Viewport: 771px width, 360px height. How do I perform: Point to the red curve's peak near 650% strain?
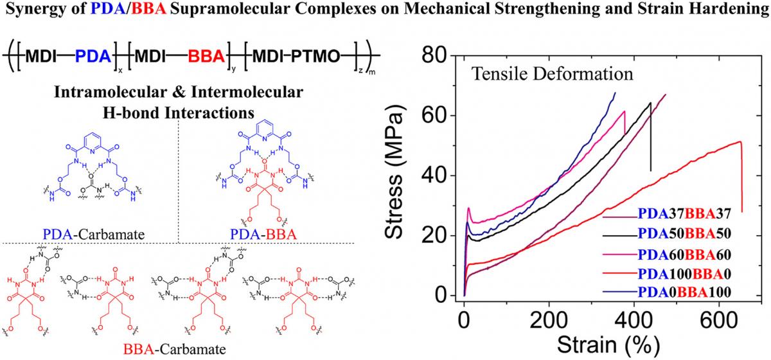click(x=740, y=142)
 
